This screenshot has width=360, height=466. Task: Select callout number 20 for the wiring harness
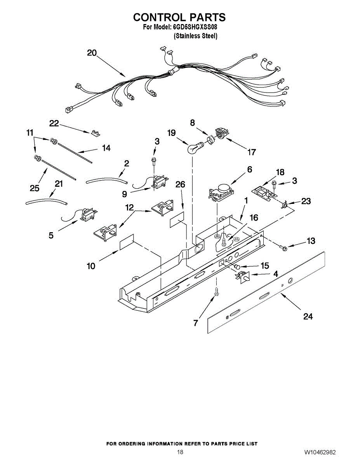[x=92, y=53]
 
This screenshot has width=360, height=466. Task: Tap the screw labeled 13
[x=284, y=247]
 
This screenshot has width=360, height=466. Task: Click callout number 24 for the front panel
[x=308, y=316]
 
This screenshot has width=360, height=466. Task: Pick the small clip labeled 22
[x=94, y=133]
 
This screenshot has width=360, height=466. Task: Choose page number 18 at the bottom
[x=180, y=452]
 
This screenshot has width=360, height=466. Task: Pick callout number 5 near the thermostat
[x=51, y=235]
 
